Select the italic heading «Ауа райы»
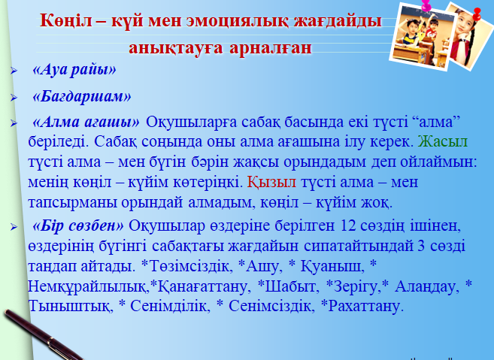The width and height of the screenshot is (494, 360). click(74, 69)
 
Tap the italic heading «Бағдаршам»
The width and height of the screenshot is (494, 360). click(82, 96)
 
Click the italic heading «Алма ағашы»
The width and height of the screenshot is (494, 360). click(86, 122)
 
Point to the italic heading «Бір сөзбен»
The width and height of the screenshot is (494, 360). click(78, 225)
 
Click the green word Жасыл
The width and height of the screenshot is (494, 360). click(443, 141)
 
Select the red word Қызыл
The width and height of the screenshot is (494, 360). click(271, 182)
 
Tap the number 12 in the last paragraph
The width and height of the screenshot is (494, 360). click(348, 225)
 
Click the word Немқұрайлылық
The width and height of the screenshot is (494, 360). click(89, 286)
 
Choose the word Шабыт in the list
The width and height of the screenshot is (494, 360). click(290, 286)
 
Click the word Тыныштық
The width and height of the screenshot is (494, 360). click(69, 307)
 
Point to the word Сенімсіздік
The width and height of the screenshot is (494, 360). click(271, 306)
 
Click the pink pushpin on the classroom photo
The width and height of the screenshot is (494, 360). click(426, 5)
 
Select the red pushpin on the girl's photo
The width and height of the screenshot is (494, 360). click(477, 14)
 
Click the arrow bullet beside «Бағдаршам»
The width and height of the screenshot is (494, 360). click(14, 98)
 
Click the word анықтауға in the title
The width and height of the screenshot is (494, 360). click(176, 48)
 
